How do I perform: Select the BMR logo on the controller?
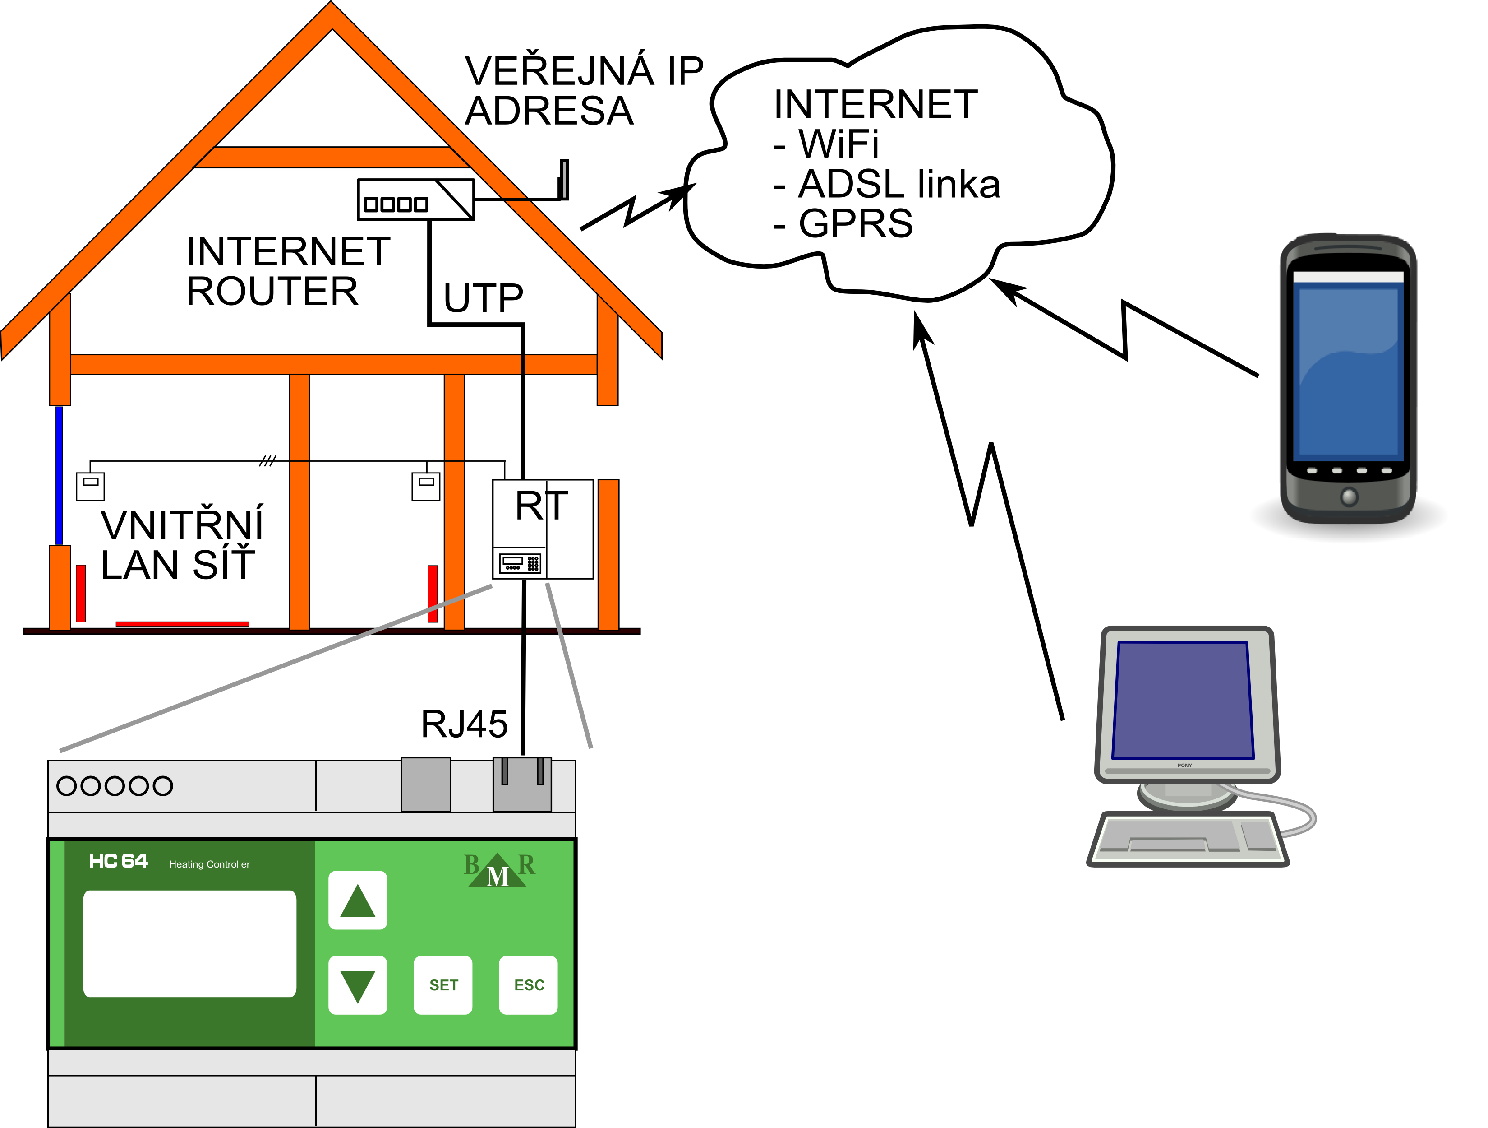click(x=498, y=870)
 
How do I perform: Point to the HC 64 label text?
click(x=118, y=862)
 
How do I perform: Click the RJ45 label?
click(x=464, y=725)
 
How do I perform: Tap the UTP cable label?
click(x=483, y=298)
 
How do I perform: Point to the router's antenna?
click(x=564, y=179)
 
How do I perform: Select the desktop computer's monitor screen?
click(x=1183, y=700)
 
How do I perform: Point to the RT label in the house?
click(x=542, y=506)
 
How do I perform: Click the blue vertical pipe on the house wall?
click(x=59, y=474)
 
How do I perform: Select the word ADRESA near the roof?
click(x=549, y=111)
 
